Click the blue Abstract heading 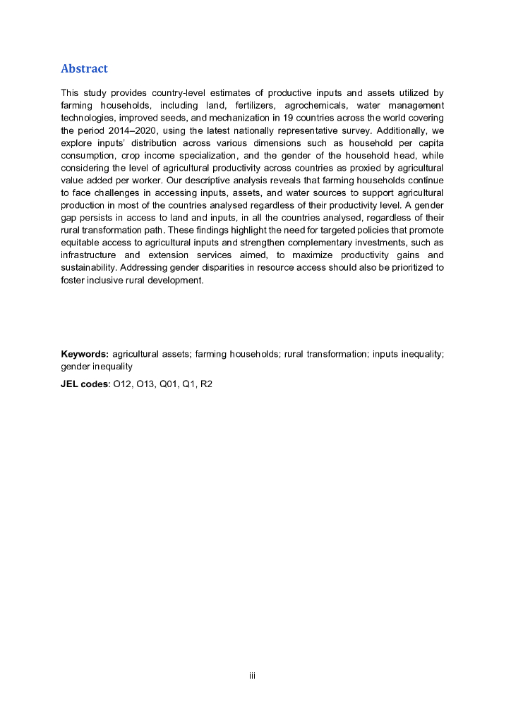click(84, 68)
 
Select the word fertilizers click(249, 105)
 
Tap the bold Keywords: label click(85, 354)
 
